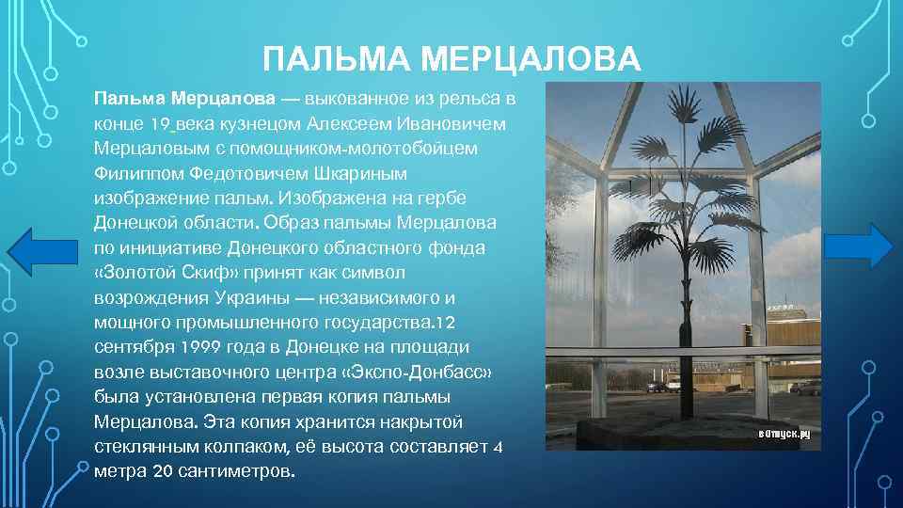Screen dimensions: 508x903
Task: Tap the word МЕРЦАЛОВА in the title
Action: [x=531, y=60]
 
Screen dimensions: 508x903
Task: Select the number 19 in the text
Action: [x=162, y=124]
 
